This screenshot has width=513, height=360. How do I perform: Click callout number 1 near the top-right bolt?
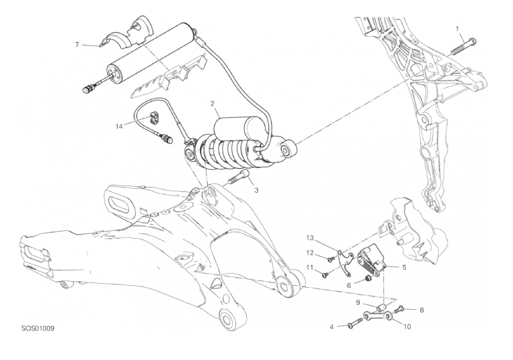457,29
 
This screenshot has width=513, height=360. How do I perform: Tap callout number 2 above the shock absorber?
212,104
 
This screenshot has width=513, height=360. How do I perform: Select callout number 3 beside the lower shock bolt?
256,190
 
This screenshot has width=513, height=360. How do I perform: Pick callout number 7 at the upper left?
77,45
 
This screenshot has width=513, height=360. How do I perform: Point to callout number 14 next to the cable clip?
119,126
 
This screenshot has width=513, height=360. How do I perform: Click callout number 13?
310,238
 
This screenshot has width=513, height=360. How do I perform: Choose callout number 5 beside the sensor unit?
404,268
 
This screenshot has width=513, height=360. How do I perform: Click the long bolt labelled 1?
464,46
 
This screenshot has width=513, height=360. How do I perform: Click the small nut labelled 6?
368,279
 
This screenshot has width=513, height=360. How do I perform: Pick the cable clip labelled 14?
153,118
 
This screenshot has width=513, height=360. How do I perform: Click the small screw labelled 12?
330,259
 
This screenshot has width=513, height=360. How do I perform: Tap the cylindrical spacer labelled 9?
380,307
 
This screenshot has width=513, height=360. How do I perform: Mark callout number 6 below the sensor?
348,286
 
